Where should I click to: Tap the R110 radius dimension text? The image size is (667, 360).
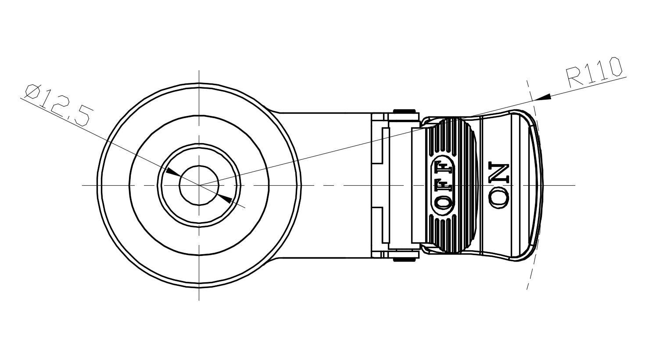coord(594,72)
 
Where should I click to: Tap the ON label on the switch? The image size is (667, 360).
coord(499,185)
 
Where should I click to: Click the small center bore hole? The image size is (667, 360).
coord(199,185)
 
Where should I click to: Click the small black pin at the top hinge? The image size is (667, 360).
coord(404,111)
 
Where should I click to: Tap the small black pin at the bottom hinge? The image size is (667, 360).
coord(404,259)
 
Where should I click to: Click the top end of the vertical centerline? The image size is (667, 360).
coord(199,70)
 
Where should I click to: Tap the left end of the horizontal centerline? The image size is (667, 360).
coord(82,185)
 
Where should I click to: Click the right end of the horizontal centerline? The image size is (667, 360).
coord(575,185)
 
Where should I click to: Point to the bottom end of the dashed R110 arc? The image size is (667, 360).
coord(527,289)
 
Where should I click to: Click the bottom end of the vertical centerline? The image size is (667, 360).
coord(199,300)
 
